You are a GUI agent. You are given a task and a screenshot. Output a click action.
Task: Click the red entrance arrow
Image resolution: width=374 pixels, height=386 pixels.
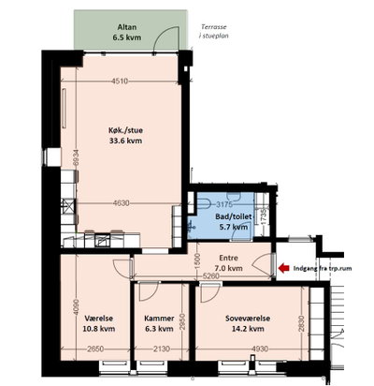[284, 268]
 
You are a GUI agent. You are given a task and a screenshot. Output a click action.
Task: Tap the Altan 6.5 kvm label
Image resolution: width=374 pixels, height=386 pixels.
[127, 32]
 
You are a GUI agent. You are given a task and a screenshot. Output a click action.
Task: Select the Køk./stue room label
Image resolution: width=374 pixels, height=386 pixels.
[125, 136]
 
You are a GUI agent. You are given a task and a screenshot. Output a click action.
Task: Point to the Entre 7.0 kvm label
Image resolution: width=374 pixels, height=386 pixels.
[228, 263]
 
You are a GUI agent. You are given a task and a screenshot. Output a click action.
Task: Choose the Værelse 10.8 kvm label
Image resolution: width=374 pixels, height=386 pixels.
[99, 323]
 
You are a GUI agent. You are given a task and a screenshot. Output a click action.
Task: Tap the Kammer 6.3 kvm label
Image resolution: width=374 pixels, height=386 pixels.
[159, 323]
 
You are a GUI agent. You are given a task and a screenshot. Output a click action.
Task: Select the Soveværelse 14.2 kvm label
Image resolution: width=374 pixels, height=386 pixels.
[248, 323]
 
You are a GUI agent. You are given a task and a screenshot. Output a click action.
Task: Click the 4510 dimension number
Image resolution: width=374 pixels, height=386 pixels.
[120, 82]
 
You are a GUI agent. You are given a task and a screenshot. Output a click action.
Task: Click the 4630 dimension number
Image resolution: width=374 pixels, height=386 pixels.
[122, 203]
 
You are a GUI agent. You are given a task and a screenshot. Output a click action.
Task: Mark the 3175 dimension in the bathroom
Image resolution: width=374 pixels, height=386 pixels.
[224, 204]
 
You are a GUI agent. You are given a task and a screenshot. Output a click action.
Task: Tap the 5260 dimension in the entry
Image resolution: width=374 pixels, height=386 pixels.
[211, 276]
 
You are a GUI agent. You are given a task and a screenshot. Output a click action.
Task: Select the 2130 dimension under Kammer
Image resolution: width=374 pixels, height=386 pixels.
[162, 349]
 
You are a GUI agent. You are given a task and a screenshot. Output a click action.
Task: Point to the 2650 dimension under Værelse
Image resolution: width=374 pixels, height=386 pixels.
[95, 349]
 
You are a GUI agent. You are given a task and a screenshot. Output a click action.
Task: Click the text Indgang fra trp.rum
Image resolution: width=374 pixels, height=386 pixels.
[323, 268]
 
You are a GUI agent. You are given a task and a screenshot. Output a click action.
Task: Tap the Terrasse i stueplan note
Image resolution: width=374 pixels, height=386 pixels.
[214, 31]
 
